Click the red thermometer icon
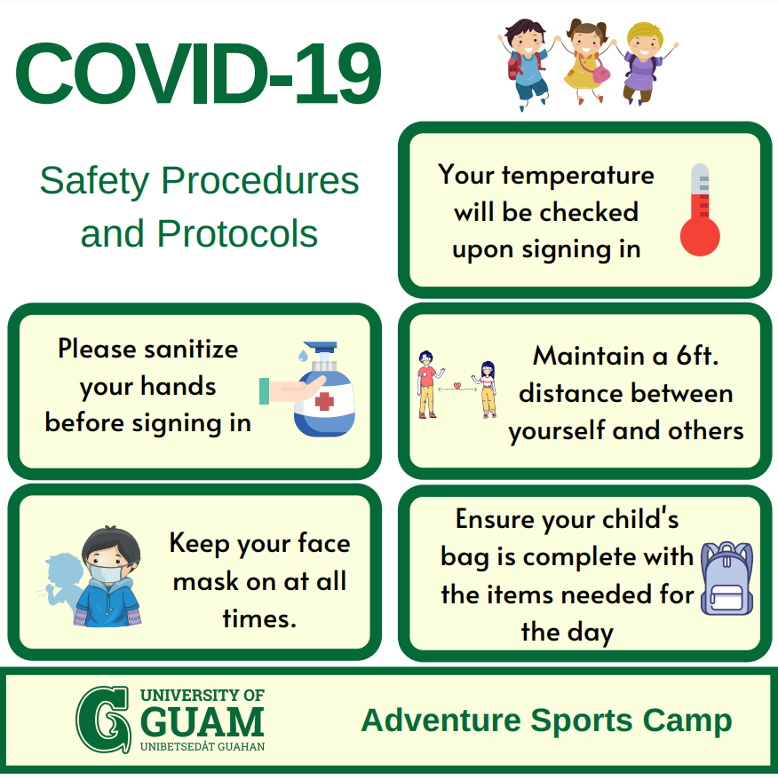(700, 209)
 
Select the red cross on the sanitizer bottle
(324, 401)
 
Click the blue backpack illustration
(726, 578)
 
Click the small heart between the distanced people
(457, 386)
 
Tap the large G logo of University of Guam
(104, 720)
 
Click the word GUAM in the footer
(202, 722)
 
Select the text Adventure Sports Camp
(546, 720)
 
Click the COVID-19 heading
(198, 74)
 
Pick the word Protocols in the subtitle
(237, 233)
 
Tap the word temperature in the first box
(577, 176)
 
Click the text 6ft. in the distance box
(697, 356)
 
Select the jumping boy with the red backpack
(527, 63)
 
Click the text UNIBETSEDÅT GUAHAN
(202, 746)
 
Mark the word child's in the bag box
(640, 519)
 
